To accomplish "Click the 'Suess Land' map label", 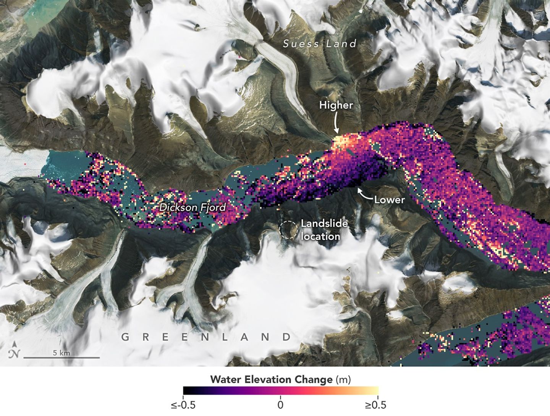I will tap(320, 44).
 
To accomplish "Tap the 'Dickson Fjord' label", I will tap(192, 207).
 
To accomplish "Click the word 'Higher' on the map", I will tap(336, 105).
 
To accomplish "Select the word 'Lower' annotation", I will tap(389, 199).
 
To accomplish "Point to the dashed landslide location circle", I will tap(288, 230).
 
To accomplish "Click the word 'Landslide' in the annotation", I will tap(324, 223).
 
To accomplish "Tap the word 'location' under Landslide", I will tap(320, 236).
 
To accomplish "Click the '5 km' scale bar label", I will tap(61, 353).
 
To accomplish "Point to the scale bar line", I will tap(61, 358).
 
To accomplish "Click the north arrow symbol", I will tap(14, 350).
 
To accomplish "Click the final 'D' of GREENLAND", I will tap(286, 337).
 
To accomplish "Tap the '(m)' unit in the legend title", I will tap(343, 380).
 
